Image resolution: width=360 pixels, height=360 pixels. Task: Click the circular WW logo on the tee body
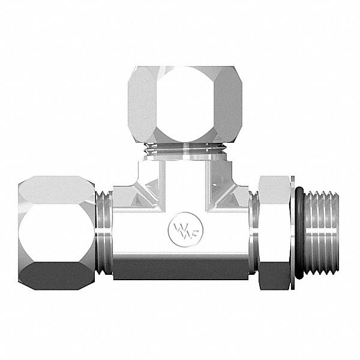[x=181, y=230]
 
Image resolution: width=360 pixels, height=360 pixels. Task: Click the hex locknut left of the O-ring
[x=273, y=232]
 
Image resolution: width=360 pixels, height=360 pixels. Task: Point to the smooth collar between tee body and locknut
[x=253, y=232]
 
